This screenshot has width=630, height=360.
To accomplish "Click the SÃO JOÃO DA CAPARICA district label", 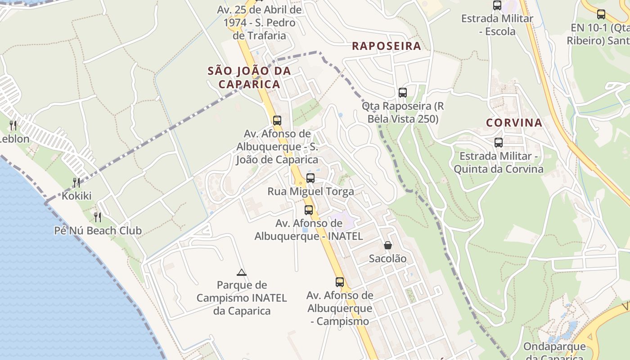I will coord(249,77).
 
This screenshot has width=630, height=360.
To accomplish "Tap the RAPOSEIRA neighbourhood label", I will coord(387,46).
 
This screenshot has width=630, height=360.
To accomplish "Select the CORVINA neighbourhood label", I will coord(514,123).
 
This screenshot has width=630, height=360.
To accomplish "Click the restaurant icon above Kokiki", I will coord(76,182).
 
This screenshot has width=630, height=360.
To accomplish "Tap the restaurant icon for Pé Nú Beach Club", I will coord(98,217).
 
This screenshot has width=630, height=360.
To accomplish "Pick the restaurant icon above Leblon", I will coord(13,125).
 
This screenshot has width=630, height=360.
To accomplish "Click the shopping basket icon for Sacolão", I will coord(387,245).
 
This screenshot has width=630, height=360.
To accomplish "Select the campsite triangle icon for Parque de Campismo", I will coord(242,272).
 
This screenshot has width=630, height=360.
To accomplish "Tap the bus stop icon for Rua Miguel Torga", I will coord(310,178).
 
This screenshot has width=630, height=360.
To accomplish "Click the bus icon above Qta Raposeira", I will coord(403,93).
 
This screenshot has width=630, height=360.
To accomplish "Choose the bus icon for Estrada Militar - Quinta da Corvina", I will coord(498,143).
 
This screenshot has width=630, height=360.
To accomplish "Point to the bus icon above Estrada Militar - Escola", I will coord(497,5).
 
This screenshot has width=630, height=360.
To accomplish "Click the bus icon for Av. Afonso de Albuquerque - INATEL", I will coord(309,210).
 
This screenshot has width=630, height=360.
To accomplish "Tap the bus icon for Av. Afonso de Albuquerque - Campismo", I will coord(340,282).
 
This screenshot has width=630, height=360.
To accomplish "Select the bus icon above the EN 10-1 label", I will coord(601,14).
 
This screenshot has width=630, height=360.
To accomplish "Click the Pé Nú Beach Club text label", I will coord(98,231).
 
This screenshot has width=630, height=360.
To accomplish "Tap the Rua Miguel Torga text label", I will coord(310,191).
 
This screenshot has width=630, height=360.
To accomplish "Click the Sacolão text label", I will coord(387,259).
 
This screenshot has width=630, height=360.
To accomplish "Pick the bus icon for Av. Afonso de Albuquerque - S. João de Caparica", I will coord(277,121).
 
